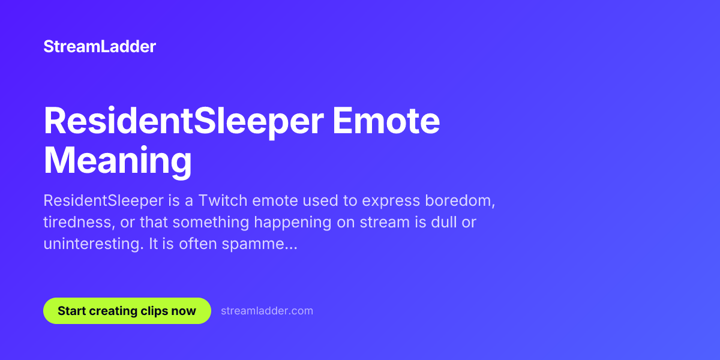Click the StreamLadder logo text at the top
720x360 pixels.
(x=100, y=47)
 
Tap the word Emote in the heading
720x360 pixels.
(x=386, y=121)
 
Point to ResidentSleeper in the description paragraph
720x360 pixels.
(x=103, y=201)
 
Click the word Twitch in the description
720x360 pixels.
(x=223, y=200)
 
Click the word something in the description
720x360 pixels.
(x=211, y=223)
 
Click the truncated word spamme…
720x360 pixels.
(x=260, y=244)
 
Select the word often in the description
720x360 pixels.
(x=198, y=244)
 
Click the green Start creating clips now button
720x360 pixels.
(x=127, y=311)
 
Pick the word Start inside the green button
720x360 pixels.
(x=71, y=311)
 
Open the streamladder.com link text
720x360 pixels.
(x=267, y=311)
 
